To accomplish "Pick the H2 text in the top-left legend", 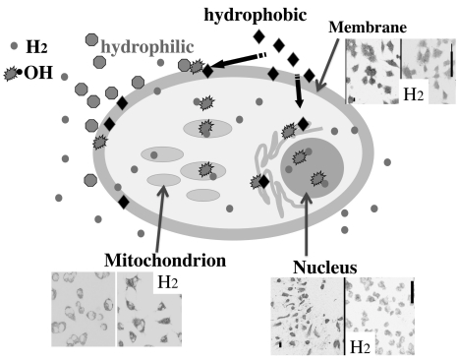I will click(35, 47).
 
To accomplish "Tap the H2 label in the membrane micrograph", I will click(417, 95).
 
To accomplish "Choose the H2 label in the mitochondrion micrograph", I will click(168, 283).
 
